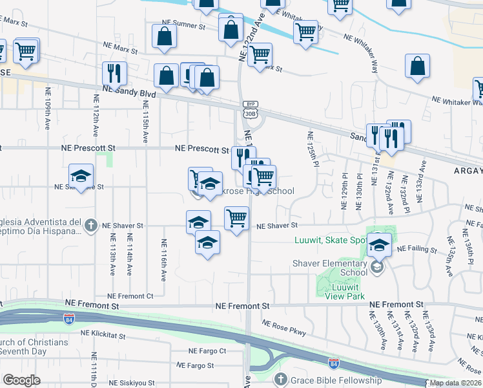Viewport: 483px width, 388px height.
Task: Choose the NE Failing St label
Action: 416,249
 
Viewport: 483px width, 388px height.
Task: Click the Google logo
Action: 22,380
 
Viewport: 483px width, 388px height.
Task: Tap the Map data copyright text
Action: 455,383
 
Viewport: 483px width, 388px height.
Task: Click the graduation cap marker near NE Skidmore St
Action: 81,176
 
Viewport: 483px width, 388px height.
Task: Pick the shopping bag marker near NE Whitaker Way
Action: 418,66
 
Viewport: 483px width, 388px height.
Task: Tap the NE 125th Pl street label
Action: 313,148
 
